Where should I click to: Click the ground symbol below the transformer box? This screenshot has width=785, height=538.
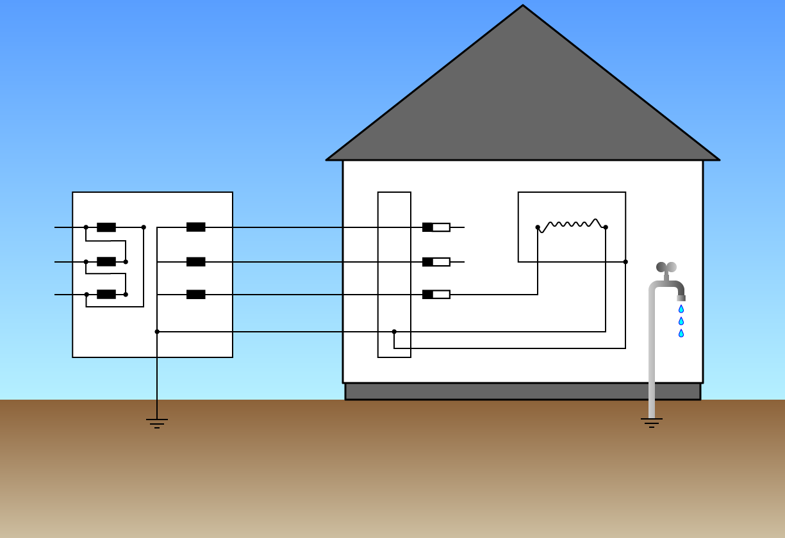coord(157,423)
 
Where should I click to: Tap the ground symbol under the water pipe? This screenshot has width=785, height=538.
coord(652,423)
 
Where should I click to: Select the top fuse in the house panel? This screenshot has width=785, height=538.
coord(436,227)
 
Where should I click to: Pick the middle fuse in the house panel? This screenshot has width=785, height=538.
coord(436,262)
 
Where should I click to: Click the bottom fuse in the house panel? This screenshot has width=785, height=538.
coord(436,295)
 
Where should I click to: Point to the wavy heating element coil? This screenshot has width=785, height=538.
coord(572,225)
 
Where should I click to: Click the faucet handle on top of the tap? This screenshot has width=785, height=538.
coord(666,267)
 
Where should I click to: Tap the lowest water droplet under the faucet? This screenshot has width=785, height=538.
coord(681,333)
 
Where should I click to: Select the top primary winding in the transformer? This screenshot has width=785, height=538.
coord(106,227)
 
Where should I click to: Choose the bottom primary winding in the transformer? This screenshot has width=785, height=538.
coord(106,295)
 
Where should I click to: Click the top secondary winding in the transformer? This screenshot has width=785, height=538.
coord(195,227)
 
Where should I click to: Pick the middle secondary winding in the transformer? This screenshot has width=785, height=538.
coord(195,262)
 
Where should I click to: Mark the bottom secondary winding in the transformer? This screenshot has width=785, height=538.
coord(195,295)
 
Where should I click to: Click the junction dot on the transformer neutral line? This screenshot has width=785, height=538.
coord(157,332)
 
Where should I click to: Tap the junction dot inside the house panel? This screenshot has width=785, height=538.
coord(394,332)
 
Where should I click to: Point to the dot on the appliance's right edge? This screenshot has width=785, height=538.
coord(625,262)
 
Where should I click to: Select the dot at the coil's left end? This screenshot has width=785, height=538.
coord(538,227)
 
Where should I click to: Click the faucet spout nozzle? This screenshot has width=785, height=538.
coord(681,298)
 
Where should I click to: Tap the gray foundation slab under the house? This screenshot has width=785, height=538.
coord(523,391)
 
